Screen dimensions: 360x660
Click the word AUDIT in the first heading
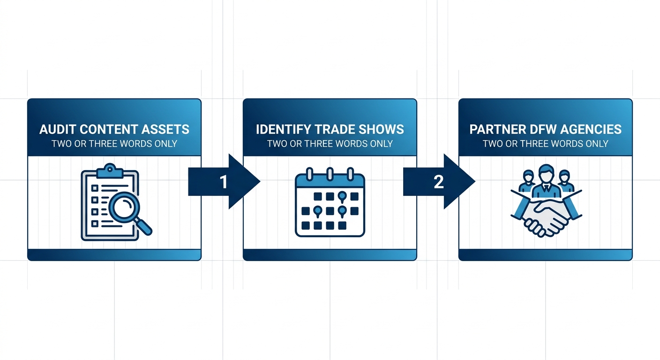[56, 129]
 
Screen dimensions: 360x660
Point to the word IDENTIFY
[284, 129]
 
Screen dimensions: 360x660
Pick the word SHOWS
[383, 129]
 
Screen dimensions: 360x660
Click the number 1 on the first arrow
[224, 182]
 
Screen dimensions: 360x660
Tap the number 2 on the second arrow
[439, 182]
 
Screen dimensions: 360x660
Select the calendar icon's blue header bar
[330, 181]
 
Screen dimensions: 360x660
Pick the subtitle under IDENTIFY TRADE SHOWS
[330, 143]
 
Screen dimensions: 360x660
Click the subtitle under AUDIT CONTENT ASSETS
[114, 143]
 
